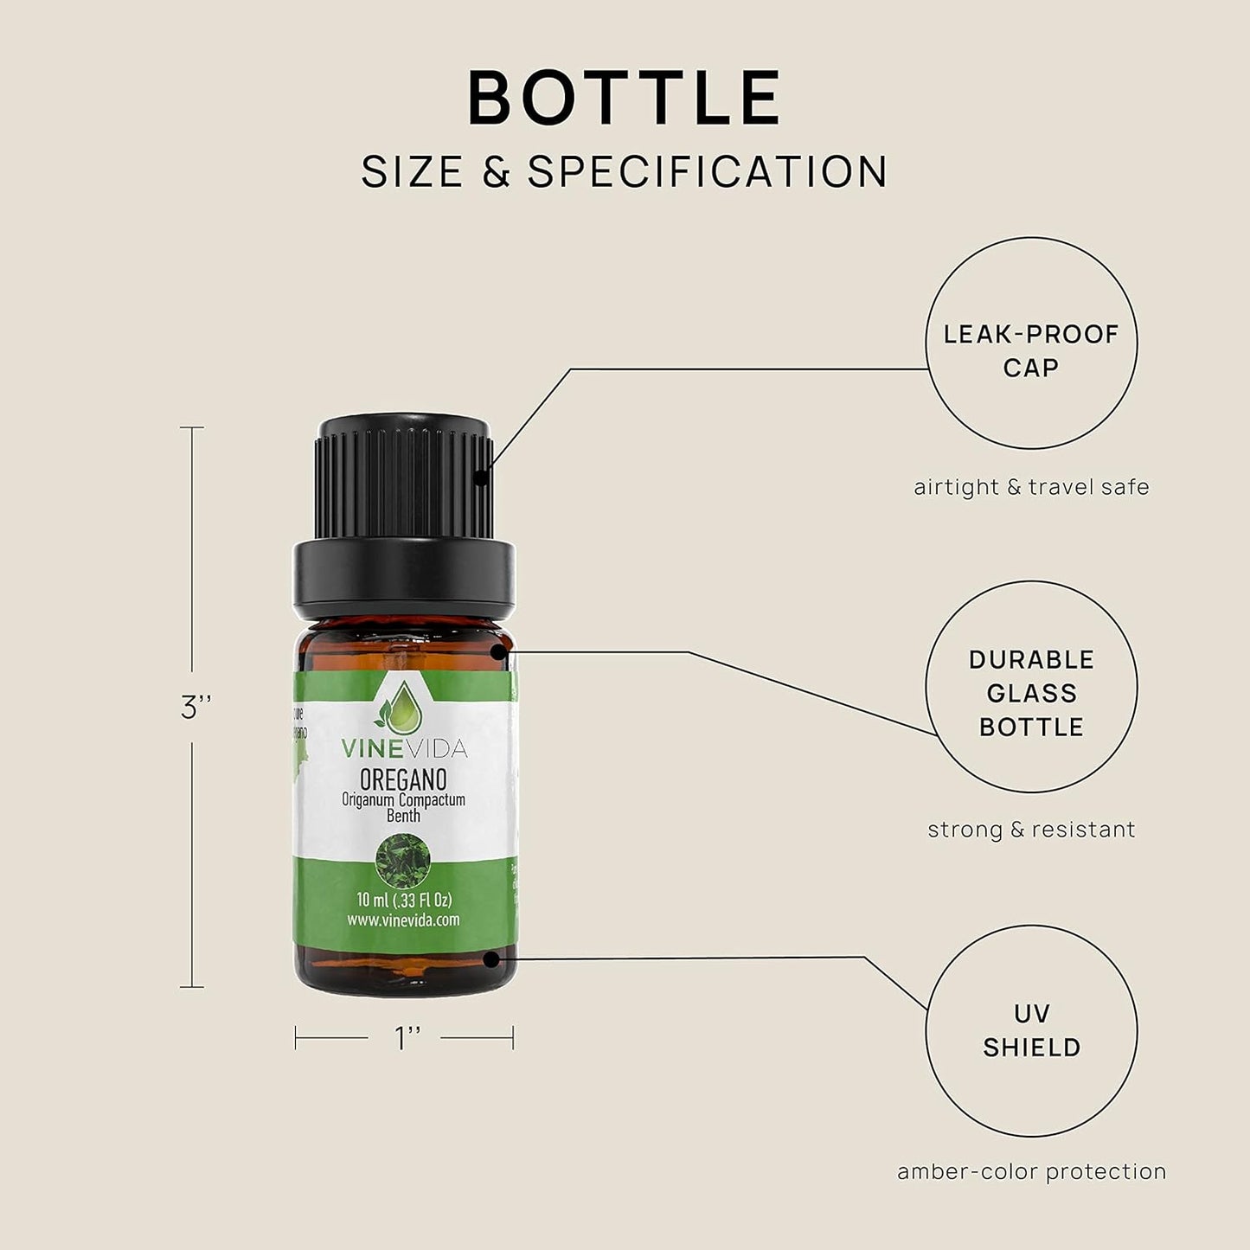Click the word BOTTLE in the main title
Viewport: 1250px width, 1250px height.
point(625,98)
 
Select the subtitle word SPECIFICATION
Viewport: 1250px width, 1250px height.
point(708,171)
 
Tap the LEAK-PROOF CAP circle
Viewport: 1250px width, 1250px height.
point(1031,343)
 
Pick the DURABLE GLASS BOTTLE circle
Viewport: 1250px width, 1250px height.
point(1031,687)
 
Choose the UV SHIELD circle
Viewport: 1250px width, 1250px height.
point(1031,1030)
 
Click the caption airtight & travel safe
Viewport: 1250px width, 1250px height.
point(1031,487)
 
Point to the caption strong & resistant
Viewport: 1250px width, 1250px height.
point(1031,830)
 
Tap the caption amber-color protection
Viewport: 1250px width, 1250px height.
point(1031,1172)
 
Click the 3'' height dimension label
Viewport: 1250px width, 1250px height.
point(196,708)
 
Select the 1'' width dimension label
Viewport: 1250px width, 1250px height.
point(407,1038)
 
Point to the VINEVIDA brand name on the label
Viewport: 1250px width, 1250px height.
point(403,747)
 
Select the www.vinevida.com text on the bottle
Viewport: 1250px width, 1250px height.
point(403,920)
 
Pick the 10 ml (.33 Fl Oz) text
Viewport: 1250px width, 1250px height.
point(404,900)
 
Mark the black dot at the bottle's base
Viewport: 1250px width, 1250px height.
point(491,958)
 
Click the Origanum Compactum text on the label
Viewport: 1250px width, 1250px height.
point(403,800)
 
